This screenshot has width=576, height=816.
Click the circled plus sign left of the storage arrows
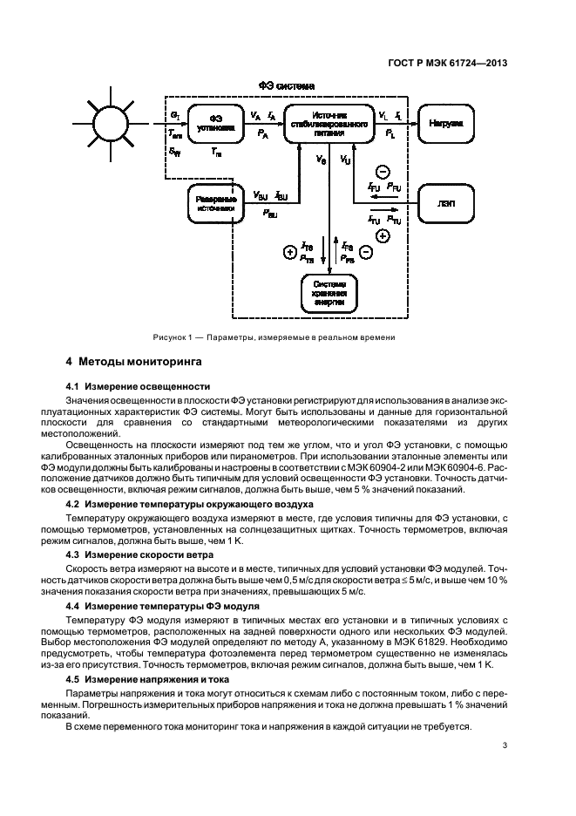point(289,253)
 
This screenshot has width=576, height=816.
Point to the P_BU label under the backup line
point(272,213)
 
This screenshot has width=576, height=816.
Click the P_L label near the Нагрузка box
point(390,134)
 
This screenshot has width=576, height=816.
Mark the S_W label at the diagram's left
point(175,152)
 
